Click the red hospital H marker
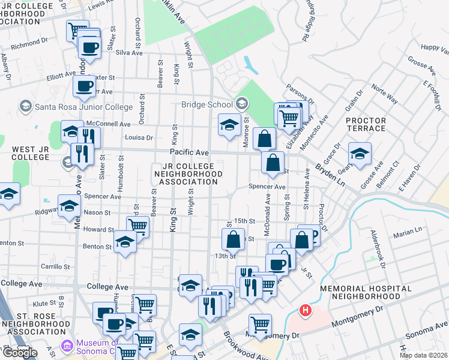[306, 311]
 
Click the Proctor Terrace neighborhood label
[366, 124]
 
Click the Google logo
[20, 353]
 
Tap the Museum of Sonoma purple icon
[66, 346]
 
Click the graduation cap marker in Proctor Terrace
[360, 154]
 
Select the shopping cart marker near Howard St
[137, 227]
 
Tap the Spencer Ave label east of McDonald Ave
[268, 187]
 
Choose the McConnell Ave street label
[109, 124]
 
